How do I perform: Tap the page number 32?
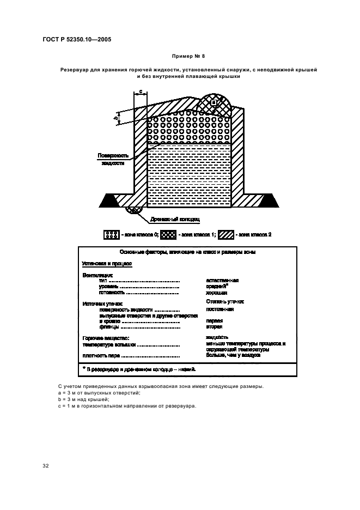46,465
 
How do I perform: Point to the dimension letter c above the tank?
140,91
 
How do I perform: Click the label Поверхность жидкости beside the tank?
112,159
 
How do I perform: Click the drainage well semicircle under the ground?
134,209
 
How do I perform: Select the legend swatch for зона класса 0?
111,235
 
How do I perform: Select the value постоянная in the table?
220,309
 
